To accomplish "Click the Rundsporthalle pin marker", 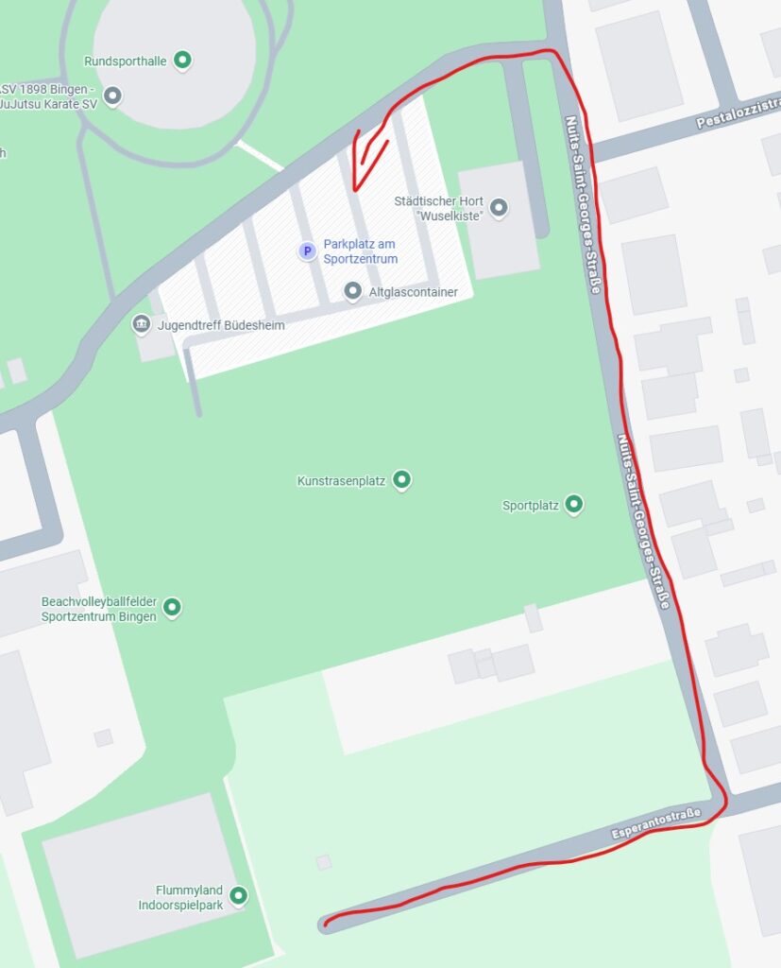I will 184,61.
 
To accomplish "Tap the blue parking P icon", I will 307,251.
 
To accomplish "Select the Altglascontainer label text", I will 414,292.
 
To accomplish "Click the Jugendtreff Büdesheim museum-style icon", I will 141,325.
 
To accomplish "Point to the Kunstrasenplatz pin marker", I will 402,480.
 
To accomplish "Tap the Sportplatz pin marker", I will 574,505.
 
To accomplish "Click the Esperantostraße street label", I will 656,822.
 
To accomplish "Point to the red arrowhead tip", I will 353,188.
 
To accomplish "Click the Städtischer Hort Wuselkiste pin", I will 500,207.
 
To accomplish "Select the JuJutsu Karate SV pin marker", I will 113,95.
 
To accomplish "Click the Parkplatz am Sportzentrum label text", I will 360,251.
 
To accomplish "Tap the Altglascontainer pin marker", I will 353,291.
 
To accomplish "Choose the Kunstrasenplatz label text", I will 341,480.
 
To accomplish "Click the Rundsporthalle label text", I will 126,61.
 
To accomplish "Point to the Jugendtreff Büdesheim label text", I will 221,325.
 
